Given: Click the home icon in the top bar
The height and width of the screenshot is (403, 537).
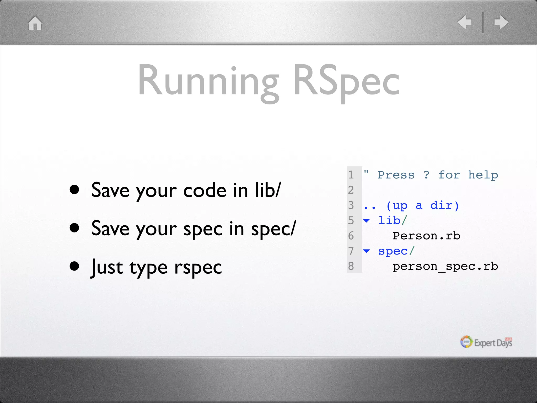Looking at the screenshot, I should click(x=35, y=23).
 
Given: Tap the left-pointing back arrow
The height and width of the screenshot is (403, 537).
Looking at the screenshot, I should click(x=465, y=22).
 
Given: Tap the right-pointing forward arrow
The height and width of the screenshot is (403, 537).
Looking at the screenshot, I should click(x=501, y=22).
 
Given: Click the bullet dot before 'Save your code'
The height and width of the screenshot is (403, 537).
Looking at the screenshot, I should click(x=74, y=190).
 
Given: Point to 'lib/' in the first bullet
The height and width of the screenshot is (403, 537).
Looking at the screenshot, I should click(x=268, y=190).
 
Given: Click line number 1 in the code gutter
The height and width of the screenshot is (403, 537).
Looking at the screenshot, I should click(x=351, y=175).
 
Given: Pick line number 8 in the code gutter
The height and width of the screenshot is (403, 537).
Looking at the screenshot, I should click(x=351, y=266).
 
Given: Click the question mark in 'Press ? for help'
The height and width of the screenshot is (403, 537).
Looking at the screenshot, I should click(x=427, y=175).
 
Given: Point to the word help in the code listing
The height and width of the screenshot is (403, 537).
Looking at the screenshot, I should click(x=483, y=175).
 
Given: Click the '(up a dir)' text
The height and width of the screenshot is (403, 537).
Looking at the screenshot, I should click(x=423, y=205).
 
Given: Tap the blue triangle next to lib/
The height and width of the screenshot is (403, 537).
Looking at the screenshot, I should click(x=367, y=220).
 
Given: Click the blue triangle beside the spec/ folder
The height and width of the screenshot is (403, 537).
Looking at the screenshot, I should click(x=367, y=251).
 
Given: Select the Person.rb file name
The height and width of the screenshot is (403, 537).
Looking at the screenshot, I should click(x=426, y=236).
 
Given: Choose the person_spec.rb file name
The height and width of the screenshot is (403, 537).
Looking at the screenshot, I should click(x=445, y=266).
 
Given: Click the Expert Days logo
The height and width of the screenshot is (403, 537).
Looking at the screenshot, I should click(x=486, y=342).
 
